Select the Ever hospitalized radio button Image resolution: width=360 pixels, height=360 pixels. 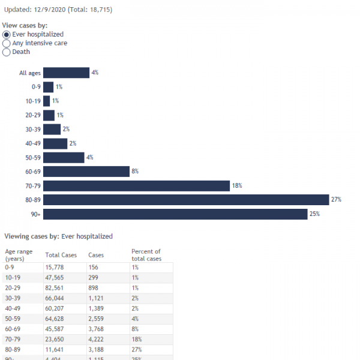pos(7,35)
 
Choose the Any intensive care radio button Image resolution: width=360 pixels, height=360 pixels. pos(7,43)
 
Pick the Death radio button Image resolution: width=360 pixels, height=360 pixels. pos(7,52)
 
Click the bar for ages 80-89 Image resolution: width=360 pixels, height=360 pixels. pos(186,200)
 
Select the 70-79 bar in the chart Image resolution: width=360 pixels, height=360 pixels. pos(136,186)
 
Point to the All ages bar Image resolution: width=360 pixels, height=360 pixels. pos(66,73)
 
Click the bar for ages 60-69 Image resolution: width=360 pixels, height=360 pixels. pos(86,172)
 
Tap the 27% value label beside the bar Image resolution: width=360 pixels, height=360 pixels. pos(336,200)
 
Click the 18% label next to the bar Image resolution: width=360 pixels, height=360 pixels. pos(237,186)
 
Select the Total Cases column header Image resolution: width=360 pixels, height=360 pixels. pos(61,255)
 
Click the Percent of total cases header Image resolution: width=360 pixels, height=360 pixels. pos(146,255)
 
